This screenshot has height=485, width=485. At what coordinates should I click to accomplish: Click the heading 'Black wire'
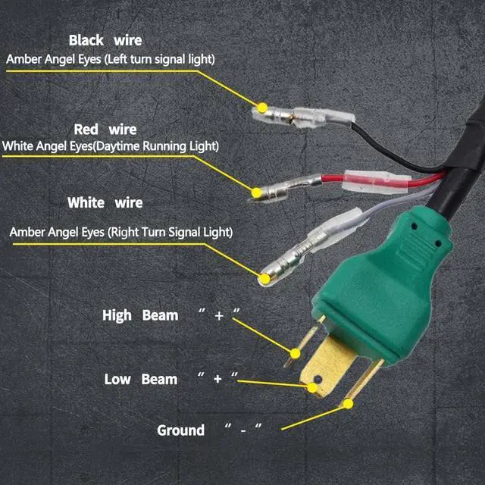point(105,40)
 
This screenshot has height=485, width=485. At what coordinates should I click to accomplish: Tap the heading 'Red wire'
point(105,130)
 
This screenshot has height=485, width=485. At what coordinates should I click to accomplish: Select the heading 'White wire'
point(105,203)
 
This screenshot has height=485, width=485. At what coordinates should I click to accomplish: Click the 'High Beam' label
point(140,315)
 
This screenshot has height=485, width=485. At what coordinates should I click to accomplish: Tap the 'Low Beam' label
point(140,379)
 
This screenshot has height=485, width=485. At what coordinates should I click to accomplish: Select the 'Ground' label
point(180,430)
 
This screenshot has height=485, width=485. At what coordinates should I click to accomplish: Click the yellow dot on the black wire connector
point(262,108)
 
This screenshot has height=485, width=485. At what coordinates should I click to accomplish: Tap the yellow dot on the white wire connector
point(264,280)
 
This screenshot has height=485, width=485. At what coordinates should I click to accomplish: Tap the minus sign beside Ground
point(243,430)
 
